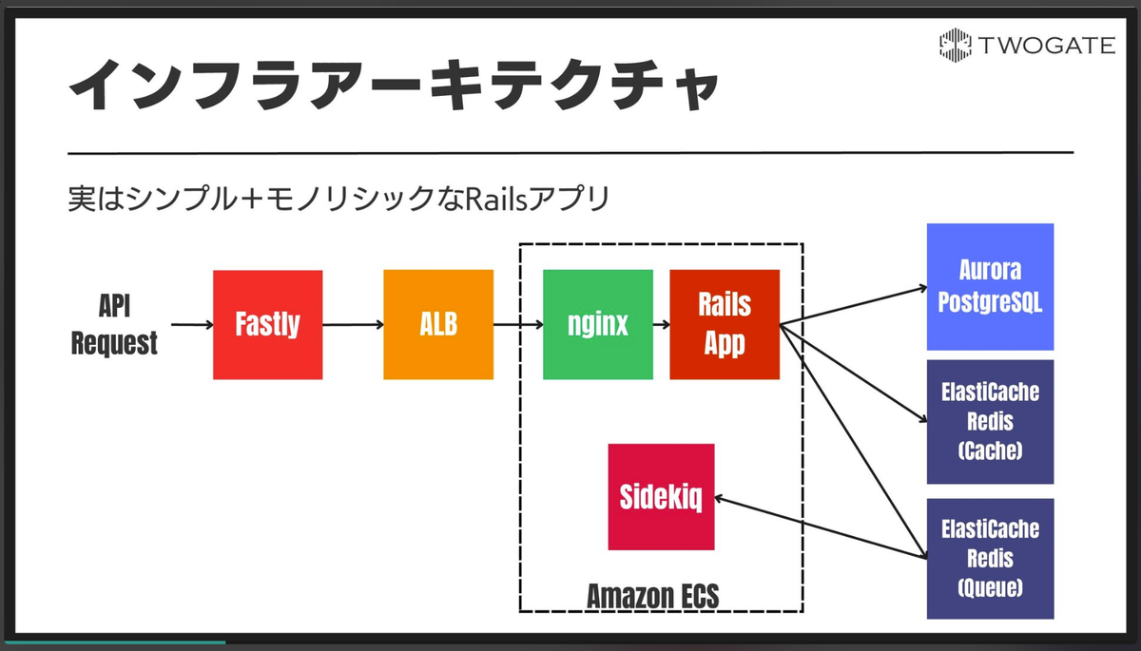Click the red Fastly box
click(x=267, y=325)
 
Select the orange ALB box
click(x=438, y=325)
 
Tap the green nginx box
click(x=598, y=325)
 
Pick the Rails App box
click(x=725, y=325)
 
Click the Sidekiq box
click(x=661, y=497)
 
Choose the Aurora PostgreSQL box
click(x=990, y=287)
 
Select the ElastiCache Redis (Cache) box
click(x=990, y=422)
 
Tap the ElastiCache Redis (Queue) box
click(x=990, y=559)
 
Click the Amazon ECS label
click(x=653, y=596)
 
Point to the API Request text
click(x=114, y=324)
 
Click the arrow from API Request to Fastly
click(x=192, y=325)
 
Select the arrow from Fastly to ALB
click(x=353, y=325)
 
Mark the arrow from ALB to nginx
click(x=518, y=325)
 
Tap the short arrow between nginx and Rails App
click(x=661, y=325)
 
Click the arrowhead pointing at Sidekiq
click(x=719, y=499)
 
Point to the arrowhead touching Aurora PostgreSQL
click(x=922, y=289)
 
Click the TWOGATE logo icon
click(x=955, y=46)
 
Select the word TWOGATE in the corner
click(x=1046, y=46)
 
